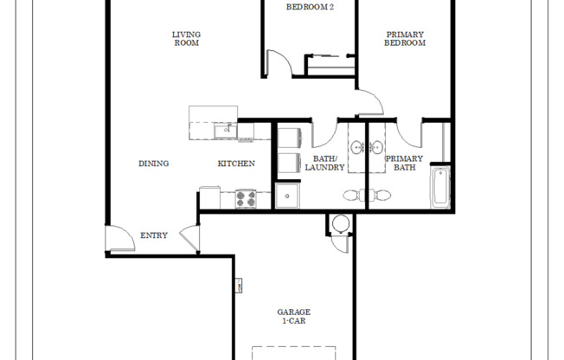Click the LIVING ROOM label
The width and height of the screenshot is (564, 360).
(x=186, y=38)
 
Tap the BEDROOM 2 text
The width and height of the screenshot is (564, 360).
(x=311, y=7)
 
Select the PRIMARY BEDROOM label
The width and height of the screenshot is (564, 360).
(x=405, y=38)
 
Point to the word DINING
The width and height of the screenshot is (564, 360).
(x=153, y=164)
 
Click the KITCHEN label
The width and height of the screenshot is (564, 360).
(x=235, y=164)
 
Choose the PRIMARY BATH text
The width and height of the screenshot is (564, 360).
(x=404, y=163)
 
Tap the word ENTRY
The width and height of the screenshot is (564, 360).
(x=154, y=235)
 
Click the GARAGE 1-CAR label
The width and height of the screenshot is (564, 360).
(x=293, y=316)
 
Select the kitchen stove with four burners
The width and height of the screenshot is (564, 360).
(x=246, y=198)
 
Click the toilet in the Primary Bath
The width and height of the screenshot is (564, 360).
(x=381, y=195)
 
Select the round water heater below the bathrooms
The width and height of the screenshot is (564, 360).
(x=340, y=223)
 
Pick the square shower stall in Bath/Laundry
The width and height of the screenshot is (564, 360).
(x=287, y=196)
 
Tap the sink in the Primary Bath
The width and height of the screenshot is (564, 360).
(x=376, y=145)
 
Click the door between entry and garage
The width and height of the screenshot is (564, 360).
(x=188, y=238)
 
